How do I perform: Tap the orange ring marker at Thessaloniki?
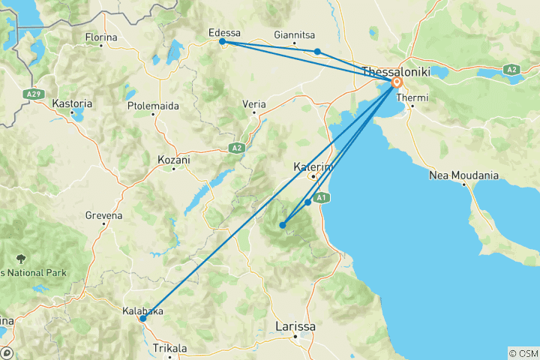(x=396, y=82)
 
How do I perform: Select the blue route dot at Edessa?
(x=222, y=42)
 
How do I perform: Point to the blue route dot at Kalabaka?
(x=142, y=319)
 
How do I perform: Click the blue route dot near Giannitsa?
(x=318, y=52)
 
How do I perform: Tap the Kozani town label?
(x=174, y=160)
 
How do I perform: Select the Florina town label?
(x=101, y=37)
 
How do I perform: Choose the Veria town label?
(x=254, y=103)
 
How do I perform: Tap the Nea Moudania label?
(x=463, y=175)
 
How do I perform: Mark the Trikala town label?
(x=169, y=349)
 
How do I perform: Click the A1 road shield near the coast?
(x=321, y=197)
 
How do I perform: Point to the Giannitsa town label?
(x=295, y=34)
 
